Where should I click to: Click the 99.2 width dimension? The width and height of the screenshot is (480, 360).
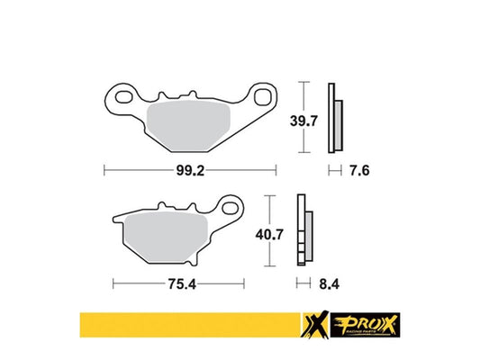(x=189, y=168)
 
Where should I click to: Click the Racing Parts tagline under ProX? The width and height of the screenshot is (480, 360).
(x=369, y=331)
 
